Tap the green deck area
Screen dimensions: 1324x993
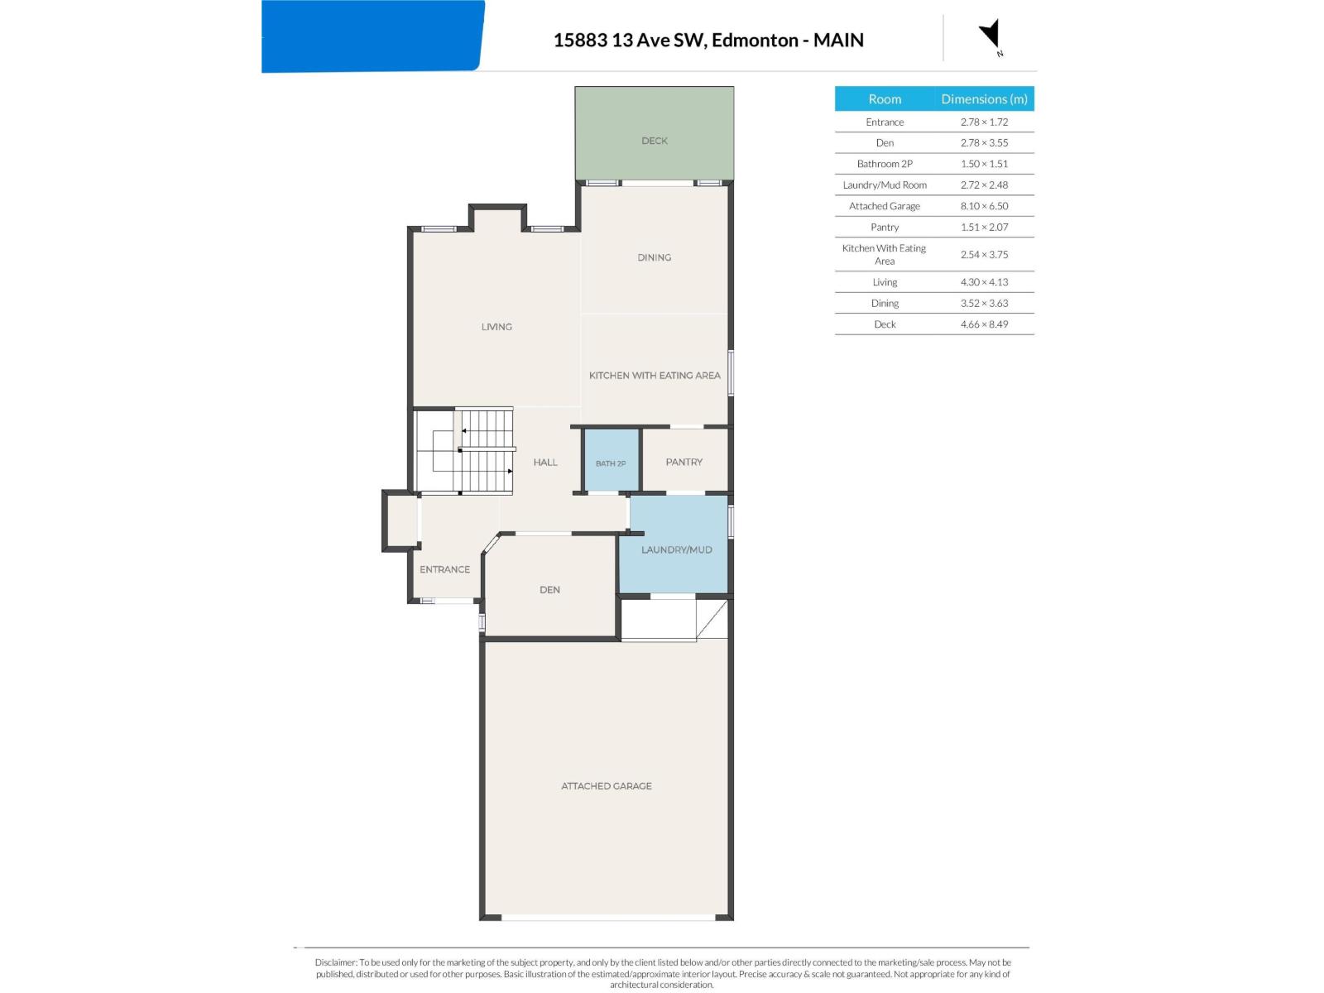point(654,132)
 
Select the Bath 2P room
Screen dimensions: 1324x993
point(611,460)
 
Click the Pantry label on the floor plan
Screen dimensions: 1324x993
point(684,462)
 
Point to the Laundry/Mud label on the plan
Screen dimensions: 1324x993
point(676,549)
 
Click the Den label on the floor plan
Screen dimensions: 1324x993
point(549,590)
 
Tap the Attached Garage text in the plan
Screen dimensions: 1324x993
point(607,786)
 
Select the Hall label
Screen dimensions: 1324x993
point(545,463)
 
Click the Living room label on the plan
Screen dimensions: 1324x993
point(496,327)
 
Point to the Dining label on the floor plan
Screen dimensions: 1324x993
point(654,257)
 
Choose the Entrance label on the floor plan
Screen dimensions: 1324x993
point(444,569)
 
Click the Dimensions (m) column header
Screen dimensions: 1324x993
point(984,98)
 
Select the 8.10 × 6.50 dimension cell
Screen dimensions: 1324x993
point(984,206)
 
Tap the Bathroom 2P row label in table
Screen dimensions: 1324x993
point(885,164)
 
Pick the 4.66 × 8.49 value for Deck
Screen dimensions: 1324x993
point(984,324)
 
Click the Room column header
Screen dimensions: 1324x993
point(885,98)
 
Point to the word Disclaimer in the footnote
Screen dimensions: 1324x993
point(335,963)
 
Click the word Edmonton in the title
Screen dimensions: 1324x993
point(755,40)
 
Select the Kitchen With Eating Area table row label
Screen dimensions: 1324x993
point(884,254)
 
